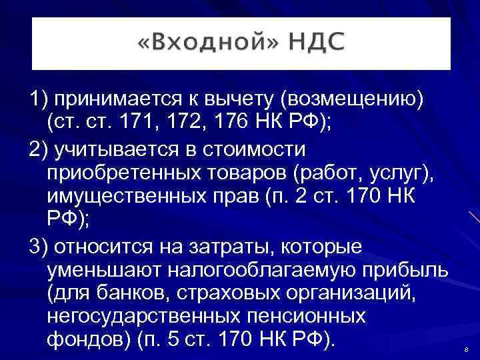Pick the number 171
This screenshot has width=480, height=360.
point(146,121)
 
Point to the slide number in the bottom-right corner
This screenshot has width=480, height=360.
point(465,351)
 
